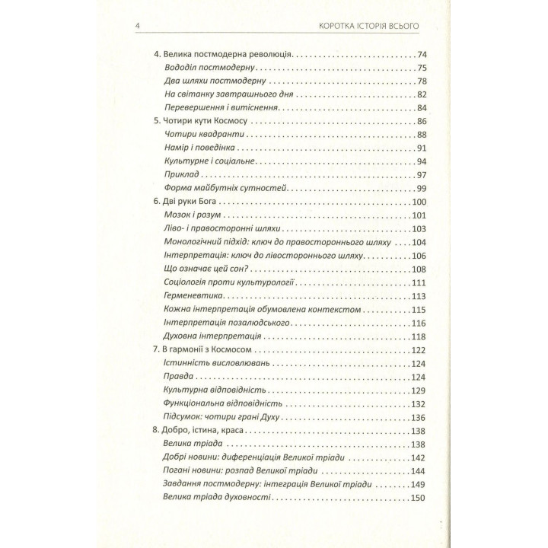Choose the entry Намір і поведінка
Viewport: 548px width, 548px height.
tap(197, 148)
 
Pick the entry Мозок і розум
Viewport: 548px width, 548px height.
tap(192, 215)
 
